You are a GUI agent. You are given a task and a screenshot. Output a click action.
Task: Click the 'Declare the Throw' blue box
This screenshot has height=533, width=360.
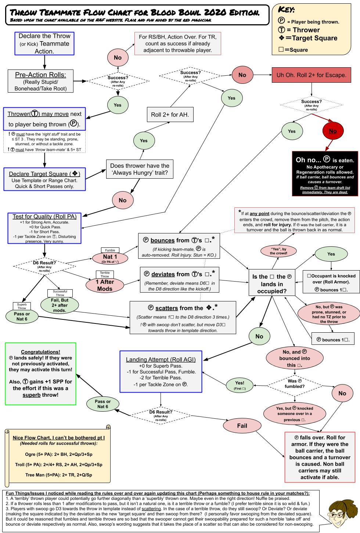pos(44,44)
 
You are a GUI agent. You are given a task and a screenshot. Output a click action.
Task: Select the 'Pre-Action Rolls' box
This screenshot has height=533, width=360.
pos(41,81)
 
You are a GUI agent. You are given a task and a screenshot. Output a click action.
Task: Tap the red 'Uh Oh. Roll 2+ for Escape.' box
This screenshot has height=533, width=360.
pos(311,75)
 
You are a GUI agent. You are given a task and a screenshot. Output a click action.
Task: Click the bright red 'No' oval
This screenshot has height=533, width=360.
pos(332,131)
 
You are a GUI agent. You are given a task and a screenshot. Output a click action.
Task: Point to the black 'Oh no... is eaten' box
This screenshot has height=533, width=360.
pos(325,174)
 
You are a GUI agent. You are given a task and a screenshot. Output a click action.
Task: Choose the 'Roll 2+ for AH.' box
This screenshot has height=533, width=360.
pos(170,115)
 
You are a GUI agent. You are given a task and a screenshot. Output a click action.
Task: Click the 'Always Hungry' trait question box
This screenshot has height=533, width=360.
pos(140,169)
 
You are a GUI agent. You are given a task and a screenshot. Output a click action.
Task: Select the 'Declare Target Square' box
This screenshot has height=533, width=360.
pos(44,179)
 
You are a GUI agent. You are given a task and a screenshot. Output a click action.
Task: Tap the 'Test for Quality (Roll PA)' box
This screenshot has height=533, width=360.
pos(44,228)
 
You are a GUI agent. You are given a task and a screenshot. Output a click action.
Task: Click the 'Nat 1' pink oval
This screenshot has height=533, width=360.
pos(110,258)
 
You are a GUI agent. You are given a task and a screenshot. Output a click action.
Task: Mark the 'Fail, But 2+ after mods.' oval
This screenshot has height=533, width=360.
pos(60,305)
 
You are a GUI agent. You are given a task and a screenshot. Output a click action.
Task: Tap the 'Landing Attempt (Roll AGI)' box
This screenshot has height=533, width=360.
pos(161,372)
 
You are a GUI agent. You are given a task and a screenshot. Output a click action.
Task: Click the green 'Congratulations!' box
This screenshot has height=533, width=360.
pos(40,373)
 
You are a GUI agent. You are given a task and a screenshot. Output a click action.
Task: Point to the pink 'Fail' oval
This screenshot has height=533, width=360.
pos(242,426)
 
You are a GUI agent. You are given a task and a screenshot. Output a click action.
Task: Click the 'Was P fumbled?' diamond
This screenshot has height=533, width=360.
pos(295,384)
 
